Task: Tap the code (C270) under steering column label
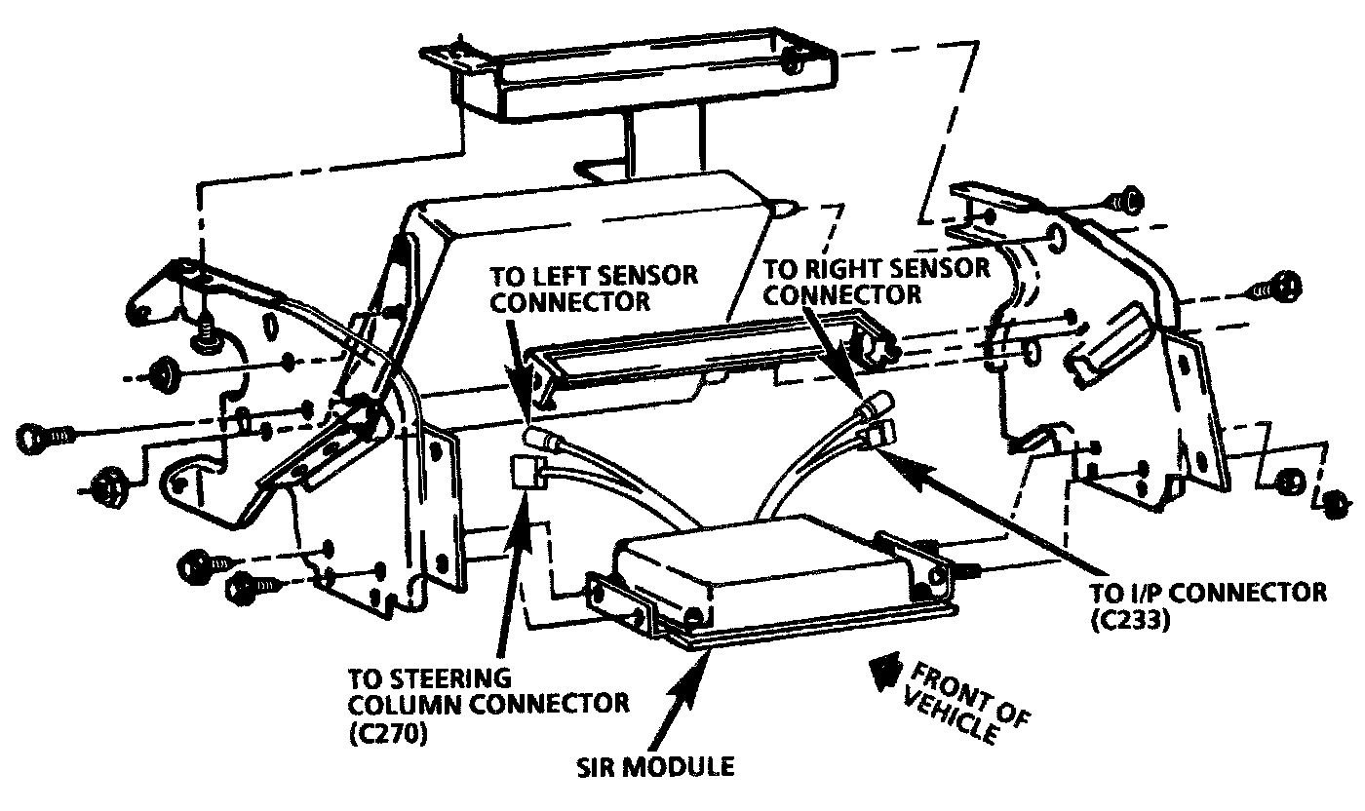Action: pos(387,734)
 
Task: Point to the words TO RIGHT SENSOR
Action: pos(877,267)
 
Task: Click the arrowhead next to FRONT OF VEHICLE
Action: pos(883,670)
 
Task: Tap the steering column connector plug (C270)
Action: pos(526,474)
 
